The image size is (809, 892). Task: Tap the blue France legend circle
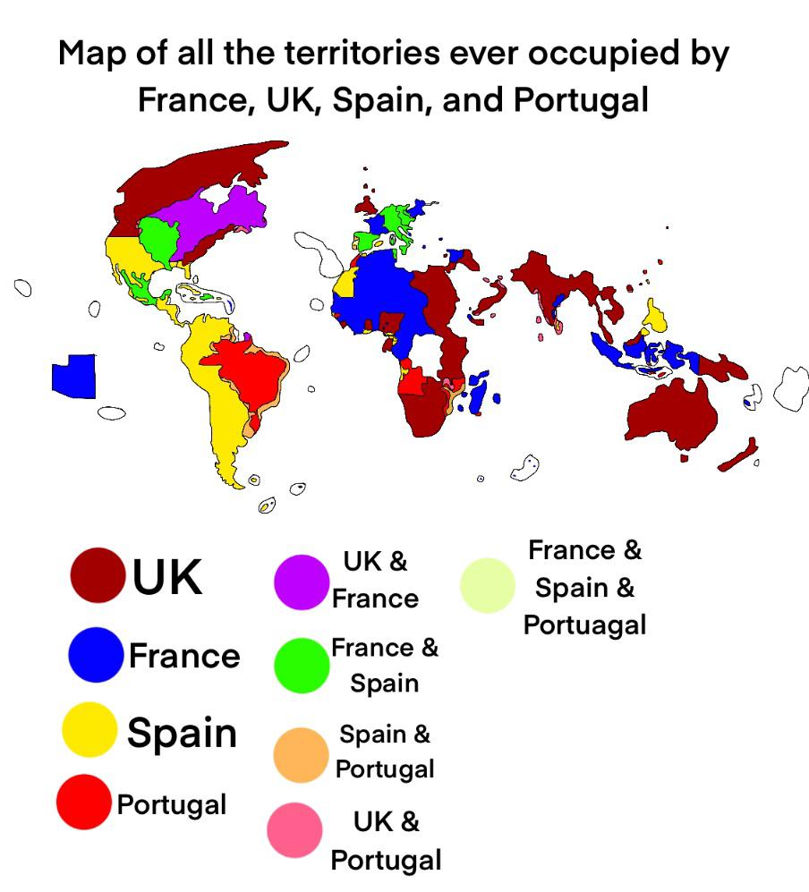(x=96, y=654)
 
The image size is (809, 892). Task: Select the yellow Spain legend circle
(x=89, y=729)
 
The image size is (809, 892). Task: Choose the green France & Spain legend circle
(x=302, y=665)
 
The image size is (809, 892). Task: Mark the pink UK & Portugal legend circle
(x=294, y=830)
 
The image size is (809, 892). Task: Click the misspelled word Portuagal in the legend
(x=584, y=624)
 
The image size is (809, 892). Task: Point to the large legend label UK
(x=167, y=577)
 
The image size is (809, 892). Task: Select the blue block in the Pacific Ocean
(x=74, y=375)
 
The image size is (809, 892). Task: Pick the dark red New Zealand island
(x=739, y=456)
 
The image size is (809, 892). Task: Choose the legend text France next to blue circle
(x=184, y=656)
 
